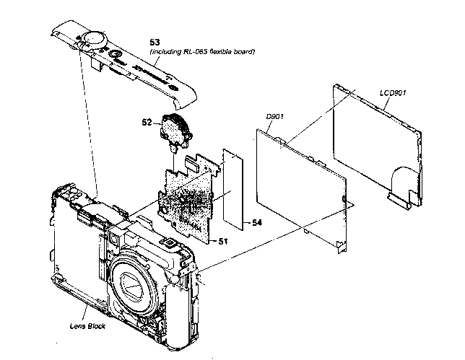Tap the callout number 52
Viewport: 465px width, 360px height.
pos(147,123)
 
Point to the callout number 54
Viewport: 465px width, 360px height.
pos(256,224)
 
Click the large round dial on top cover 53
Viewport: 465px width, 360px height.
pos(93,36)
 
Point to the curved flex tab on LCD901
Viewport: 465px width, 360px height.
pos(401,180)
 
